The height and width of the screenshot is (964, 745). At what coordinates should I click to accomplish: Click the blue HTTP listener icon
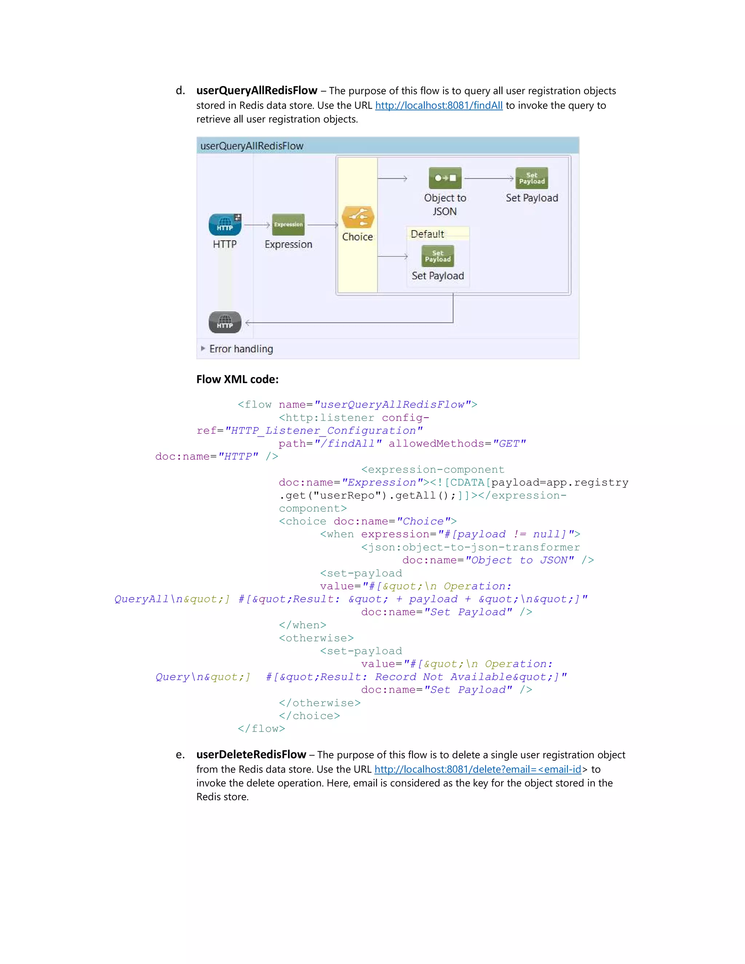click(225, 225)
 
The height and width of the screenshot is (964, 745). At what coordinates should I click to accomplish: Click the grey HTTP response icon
click(225, 322)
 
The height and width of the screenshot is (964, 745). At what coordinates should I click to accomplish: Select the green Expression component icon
click(288, 225)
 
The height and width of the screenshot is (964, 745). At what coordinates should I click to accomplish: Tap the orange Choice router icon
click(358, 217)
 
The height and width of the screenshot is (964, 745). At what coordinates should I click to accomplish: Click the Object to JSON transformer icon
click(445, 178)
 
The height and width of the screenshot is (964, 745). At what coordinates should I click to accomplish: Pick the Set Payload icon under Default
click(437, 256)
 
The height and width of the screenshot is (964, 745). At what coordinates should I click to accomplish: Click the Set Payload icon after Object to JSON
click(531, 178)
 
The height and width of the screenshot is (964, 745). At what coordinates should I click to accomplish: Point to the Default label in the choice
click(427, 234)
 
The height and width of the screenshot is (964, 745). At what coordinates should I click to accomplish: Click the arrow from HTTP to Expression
click(256, 225)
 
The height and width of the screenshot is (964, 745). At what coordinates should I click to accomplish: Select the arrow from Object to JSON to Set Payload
click(489, 178)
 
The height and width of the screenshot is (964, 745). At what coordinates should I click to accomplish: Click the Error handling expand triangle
click(203, 348)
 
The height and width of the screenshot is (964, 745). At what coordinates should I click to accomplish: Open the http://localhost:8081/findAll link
click(438, 105)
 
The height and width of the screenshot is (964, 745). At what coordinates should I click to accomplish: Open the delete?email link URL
click(478, 769)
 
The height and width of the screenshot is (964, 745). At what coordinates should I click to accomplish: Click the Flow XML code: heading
click(237, 379)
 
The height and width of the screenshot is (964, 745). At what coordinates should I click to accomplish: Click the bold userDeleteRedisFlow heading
click(251, 754)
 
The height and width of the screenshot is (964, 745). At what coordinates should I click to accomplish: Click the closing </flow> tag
click(261, 729)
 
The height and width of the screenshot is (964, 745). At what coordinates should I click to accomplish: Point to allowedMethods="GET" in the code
click(457, 443)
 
